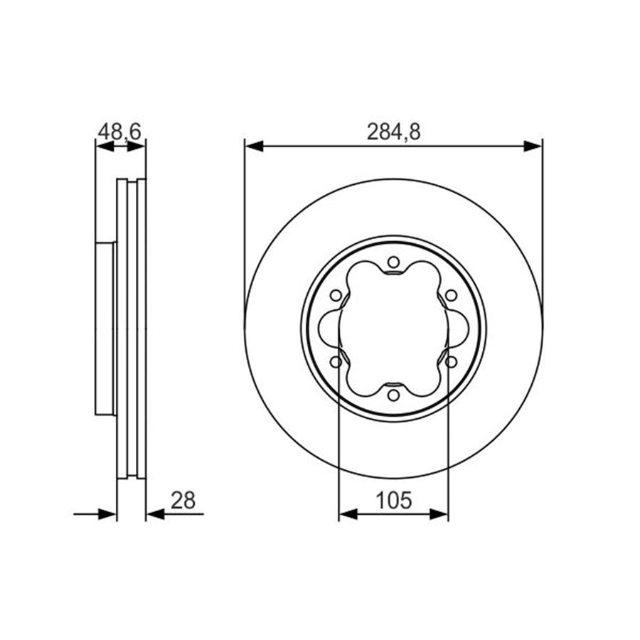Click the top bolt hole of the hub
[x=393, y=262]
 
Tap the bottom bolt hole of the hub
[x=393, y=395]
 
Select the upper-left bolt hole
[x=336, y=295]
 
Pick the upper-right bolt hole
[x=451, y=295]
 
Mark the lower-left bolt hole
[x=336, y=362]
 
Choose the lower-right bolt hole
[x=451, y=362]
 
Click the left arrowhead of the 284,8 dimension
[x=254, y=146]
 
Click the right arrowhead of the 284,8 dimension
[x=533, y=146]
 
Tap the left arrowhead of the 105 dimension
[x=348, y=514]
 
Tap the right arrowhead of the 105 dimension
[x=439, y=514]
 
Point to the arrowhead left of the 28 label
[x=155, y=514]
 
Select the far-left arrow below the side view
[x=107, y=514]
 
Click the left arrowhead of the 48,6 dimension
[x=104, y=146]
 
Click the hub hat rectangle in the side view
[x=105, y=329]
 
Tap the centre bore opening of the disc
[x=393, y=329]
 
